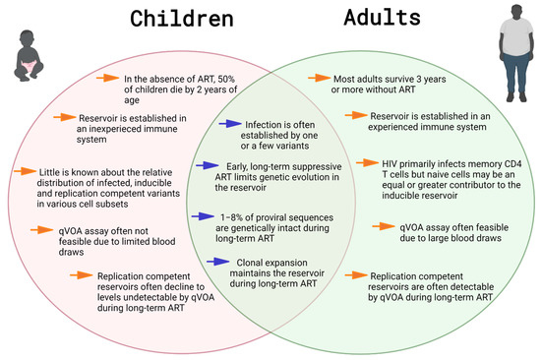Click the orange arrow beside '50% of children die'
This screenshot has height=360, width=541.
[107, 77]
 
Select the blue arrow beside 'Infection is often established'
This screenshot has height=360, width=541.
[228, 125]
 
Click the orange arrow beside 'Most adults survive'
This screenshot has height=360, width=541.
[320, 77]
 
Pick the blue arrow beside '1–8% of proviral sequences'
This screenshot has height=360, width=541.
[206, 215]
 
